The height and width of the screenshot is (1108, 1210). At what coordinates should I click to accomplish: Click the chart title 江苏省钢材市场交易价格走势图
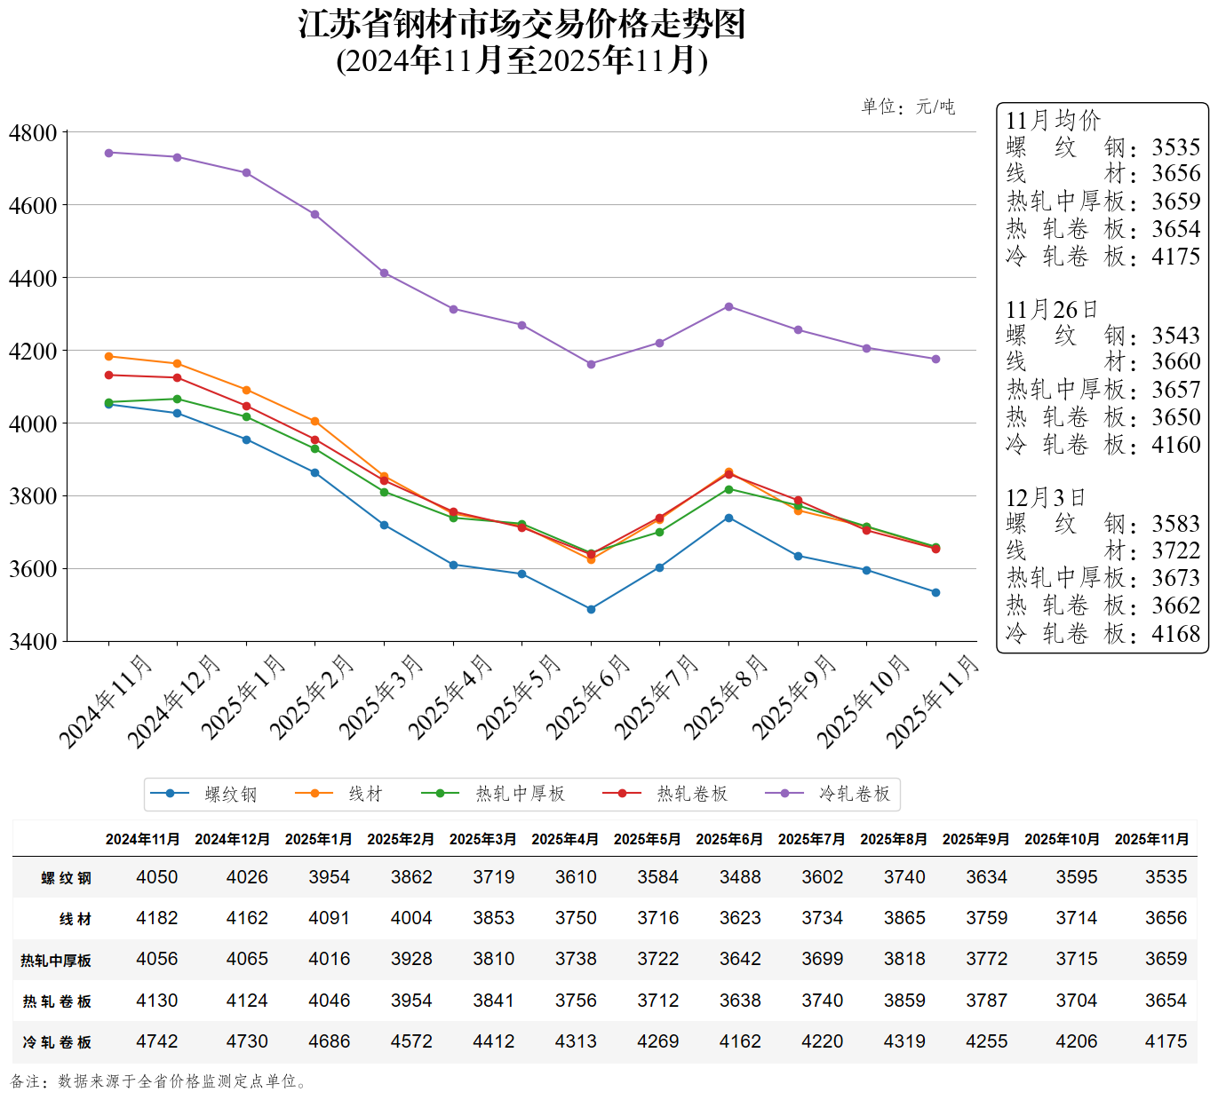(521, 25)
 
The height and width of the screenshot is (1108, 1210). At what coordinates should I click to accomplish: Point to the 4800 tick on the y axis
(33, 133)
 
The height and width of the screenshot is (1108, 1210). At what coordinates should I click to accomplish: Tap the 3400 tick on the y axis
(33, 641)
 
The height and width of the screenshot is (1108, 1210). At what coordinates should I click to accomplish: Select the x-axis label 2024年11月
(106, 701)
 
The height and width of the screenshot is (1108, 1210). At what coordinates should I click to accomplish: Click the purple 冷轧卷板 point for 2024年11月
(109, 153)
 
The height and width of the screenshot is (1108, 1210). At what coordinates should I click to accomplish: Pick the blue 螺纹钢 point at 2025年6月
(591, 609)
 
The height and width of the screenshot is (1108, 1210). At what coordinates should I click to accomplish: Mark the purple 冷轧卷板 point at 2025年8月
(728, 306)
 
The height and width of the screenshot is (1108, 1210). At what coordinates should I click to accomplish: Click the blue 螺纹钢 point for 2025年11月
(935, 592)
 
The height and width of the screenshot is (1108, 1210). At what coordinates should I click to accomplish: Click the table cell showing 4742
(157, 1041)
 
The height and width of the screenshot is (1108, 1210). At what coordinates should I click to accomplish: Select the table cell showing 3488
(740, 877)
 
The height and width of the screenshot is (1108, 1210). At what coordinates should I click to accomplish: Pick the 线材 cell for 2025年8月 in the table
(904, 918)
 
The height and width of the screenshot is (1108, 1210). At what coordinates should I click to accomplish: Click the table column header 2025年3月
(482, 839)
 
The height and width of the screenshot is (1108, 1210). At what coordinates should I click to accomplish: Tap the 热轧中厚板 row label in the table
(56, 960)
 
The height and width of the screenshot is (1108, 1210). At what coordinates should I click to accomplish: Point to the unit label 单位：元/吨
(908, 107)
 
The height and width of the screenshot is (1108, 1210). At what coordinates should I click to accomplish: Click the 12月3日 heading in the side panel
(1045, 497)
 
